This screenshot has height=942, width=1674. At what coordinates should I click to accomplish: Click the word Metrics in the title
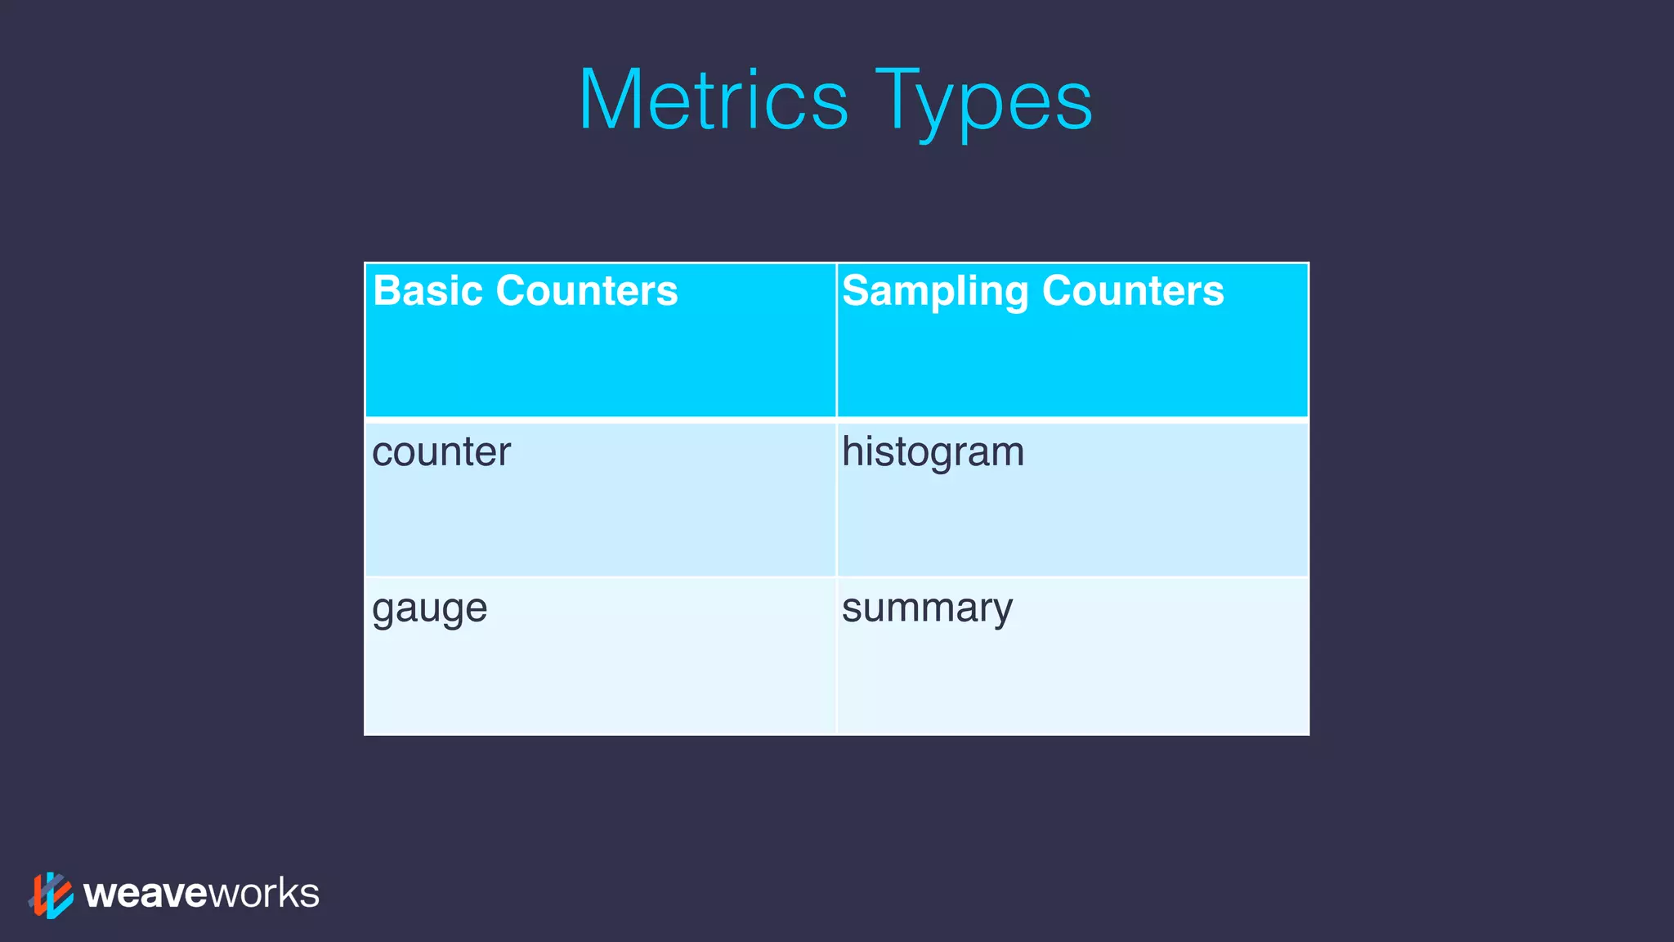714,101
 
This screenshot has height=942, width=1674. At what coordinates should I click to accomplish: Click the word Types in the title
984,102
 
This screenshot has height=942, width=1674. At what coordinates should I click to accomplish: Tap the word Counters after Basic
586,291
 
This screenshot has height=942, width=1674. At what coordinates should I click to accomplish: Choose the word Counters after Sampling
1133,291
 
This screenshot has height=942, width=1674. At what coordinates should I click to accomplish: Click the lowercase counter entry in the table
441,452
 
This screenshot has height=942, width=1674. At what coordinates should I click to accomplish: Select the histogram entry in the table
933,453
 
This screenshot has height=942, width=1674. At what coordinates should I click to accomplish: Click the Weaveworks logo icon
51,895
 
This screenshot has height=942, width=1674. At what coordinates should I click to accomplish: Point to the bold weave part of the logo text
145,894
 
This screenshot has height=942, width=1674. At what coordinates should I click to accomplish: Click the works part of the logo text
264,894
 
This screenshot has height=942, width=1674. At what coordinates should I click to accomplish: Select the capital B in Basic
387,291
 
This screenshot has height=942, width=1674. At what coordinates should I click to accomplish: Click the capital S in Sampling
857,291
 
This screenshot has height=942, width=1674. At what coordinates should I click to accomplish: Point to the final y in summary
1001,612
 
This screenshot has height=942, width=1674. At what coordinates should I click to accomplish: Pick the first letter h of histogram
852,451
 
